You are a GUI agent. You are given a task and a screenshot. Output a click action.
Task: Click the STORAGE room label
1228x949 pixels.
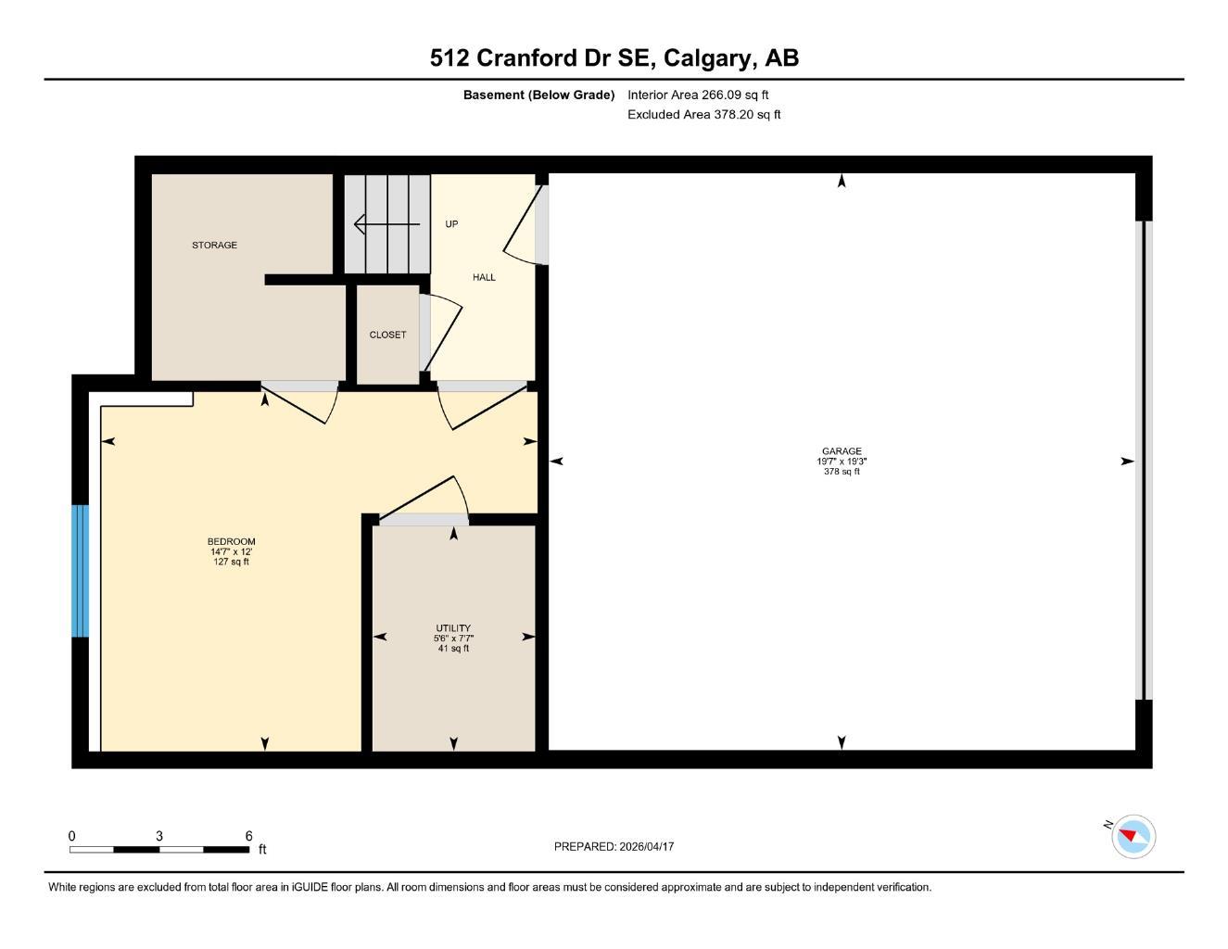pos(214,246)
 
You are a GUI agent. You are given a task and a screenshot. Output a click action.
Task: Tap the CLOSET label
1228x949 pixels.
pos(387,335)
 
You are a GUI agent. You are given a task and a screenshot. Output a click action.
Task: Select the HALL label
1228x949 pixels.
pos(484,277)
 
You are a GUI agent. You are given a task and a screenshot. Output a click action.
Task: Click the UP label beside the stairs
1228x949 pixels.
pos(451,224)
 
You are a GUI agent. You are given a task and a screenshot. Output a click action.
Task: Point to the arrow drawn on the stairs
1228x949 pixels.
pos(386,224)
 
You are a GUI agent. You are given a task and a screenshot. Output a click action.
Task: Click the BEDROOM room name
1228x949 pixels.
pos(231,541)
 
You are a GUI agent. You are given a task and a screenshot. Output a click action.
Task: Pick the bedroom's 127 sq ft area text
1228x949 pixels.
pos(231,563)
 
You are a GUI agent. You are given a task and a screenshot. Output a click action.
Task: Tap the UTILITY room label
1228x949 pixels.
pos(453,628)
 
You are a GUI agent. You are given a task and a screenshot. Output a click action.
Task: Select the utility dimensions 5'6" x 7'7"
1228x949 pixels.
pos(453,639)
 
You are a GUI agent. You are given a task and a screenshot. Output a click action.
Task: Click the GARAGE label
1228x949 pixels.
pos(842,451)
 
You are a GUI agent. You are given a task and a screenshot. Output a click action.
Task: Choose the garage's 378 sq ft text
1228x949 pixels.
pos(842,472)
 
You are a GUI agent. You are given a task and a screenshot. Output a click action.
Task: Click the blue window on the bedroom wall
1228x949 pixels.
pos(81,571)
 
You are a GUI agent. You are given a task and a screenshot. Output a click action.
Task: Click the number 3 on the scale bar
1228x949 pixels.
pos(159,836)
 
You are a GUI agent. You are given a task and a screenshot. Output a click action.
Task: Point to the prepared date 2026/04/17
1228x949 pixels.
pos(647,846)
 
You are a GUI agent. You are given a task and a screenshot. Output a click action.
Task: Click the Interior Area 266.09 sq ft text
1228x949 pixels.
pos(698,95)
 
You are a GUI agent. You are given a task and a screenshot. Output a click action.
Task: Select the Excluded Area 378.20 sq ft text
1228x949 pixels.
pos(703,115)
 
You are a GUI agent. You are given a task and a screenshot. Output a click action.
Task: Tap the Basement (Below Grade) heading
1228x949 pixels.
pos(538,95)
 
